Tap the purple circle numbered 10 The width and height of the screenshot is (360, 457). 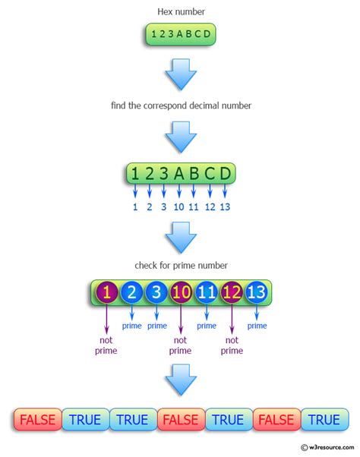click(181, 293)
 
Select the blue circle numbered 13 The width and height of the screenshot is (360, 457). click(257, 293)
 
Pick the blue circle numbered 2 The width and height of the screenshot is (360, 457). click(131, 293)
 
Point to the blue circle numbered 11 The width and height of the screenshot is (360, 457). click(207, 293)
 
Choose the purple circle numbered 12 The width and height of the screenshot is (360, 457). click(232, 293)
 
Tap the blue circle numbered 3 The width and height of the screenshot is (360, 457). click(156, 293)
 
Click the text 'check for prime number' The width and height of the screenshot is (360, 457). click(180, 265)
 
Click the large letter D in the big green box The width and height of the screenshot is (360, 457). click(225, 174)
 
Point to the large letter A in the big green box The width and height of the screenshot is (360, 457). click(178, 174)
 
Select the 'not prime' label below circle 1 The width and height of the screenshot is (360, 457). click(106, 345)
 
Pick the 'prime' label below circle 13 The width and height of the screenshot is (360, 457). click(257, 326)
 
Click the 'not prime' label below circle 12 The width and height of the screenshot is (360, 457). click(232, 345)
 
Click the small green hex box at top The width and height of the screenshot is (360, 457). click(180, 34)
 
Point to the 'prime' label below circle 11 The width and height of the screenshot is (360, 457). click(207, 326)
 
